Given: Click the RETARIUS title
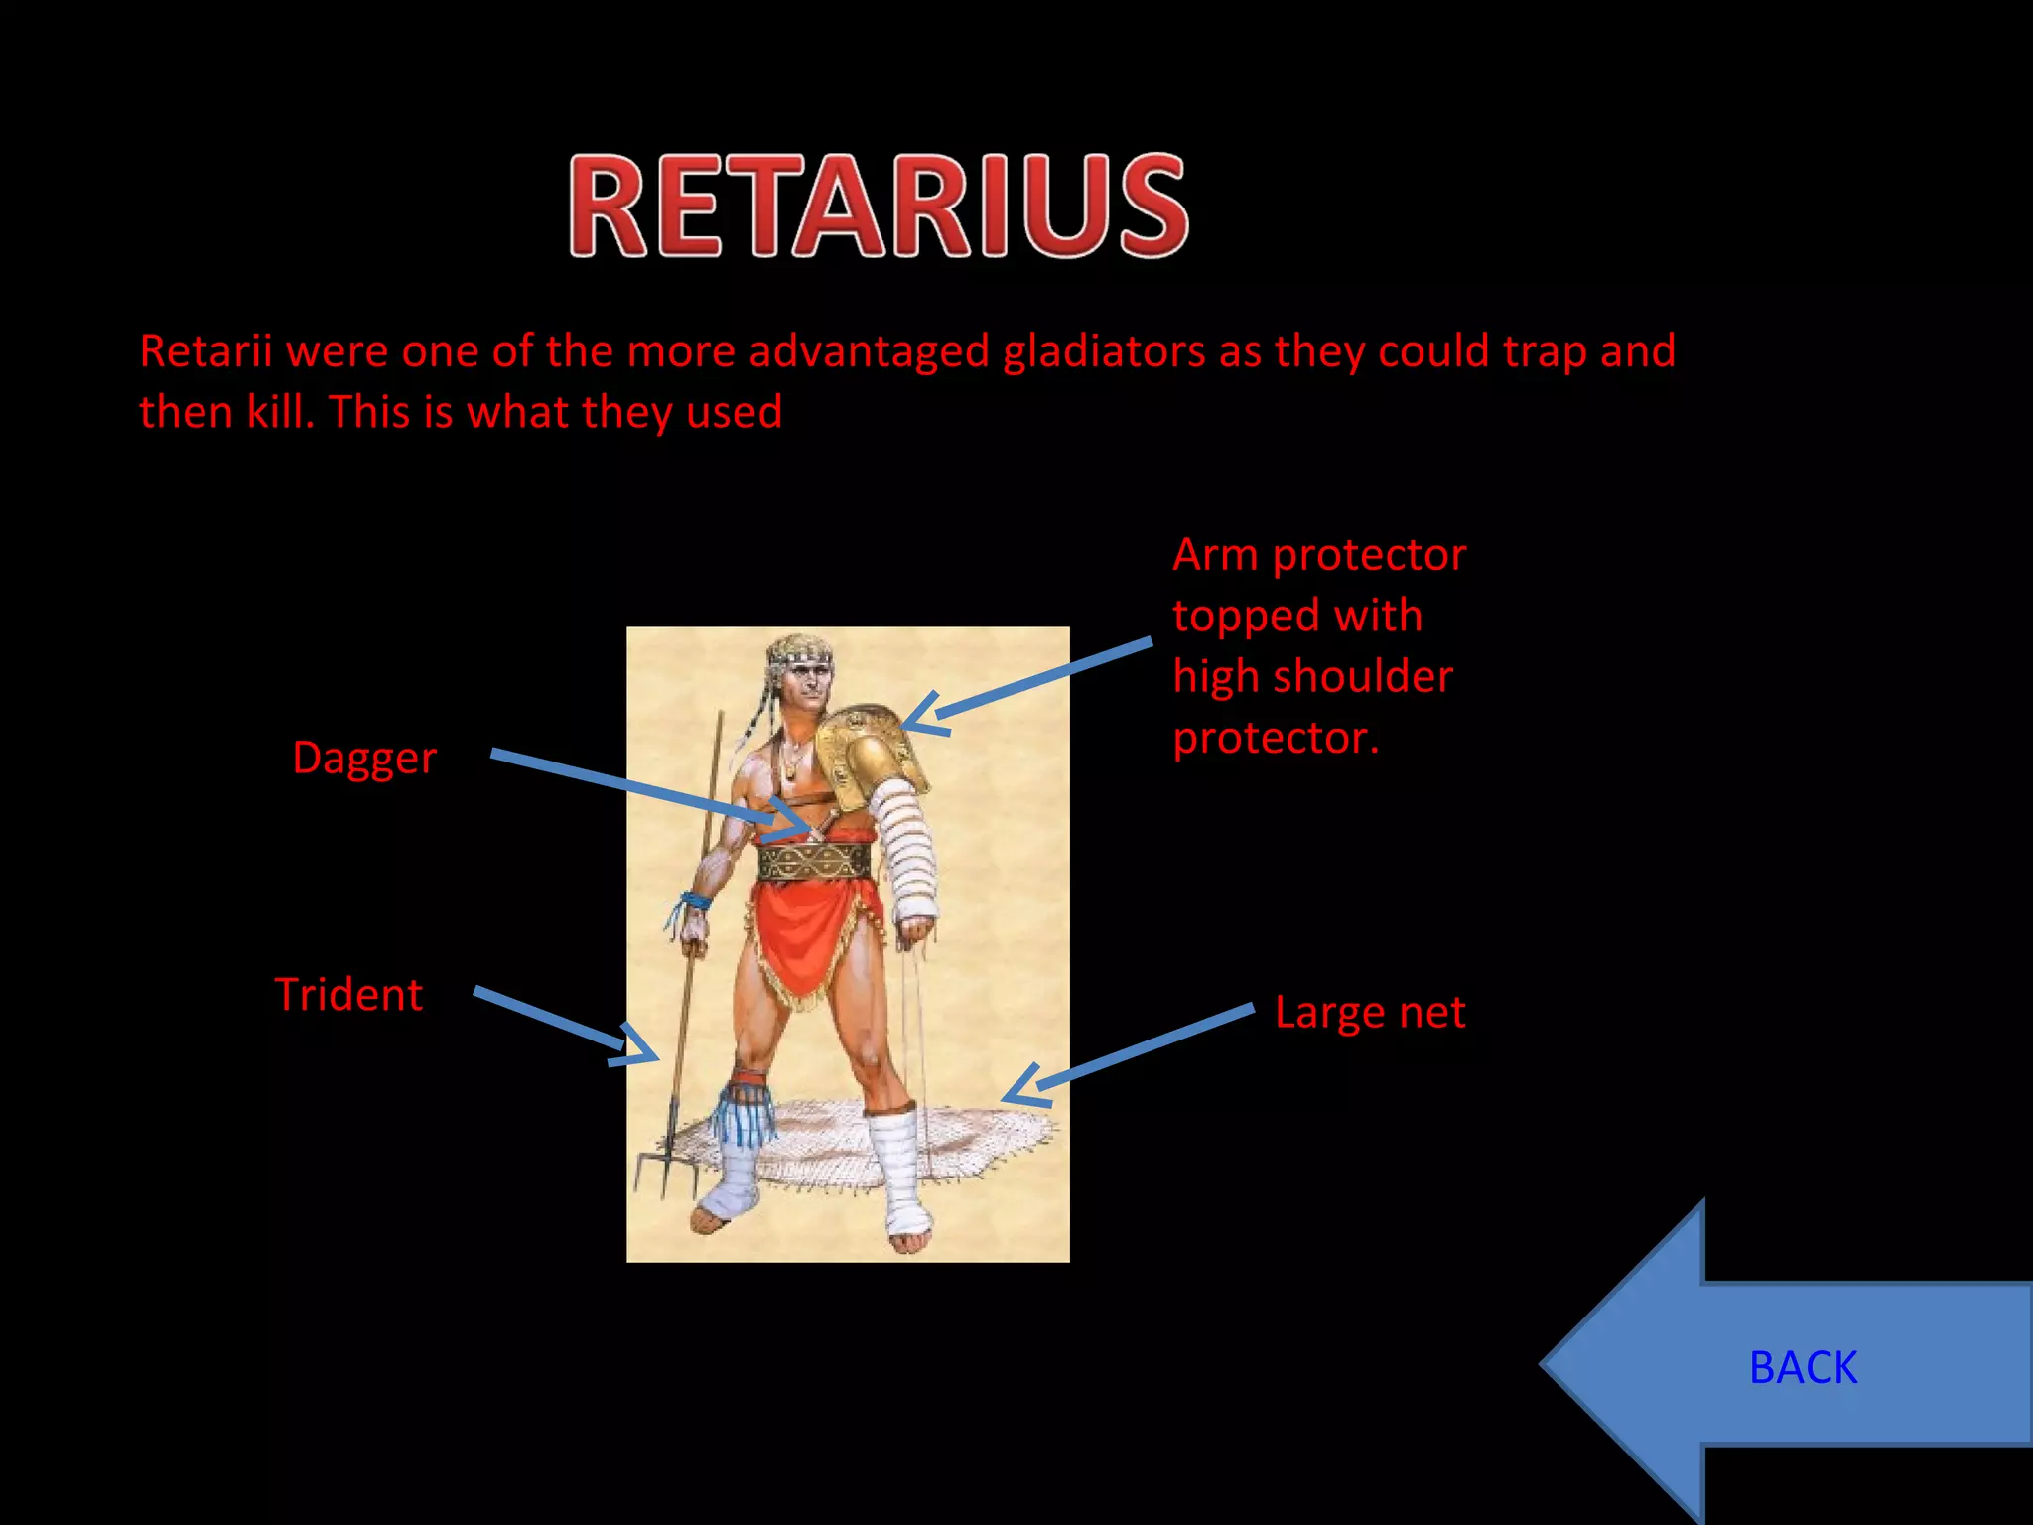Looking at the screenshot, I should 878,206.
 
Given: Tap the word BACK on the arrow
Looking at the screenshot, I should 1802,1368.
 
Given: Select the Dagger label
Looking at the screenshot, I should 364,759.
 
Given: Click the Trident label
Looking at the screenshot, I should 348,995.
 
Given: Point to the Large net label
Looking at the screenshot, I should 1369,1013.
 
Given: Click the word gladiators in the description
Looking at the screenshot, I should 1103,351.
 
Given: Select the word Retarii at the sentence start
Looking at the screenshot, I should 204,351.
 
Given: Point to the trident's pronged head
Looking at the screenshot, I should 666,1162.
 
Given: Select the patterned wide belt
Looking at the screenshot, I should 814,862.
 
